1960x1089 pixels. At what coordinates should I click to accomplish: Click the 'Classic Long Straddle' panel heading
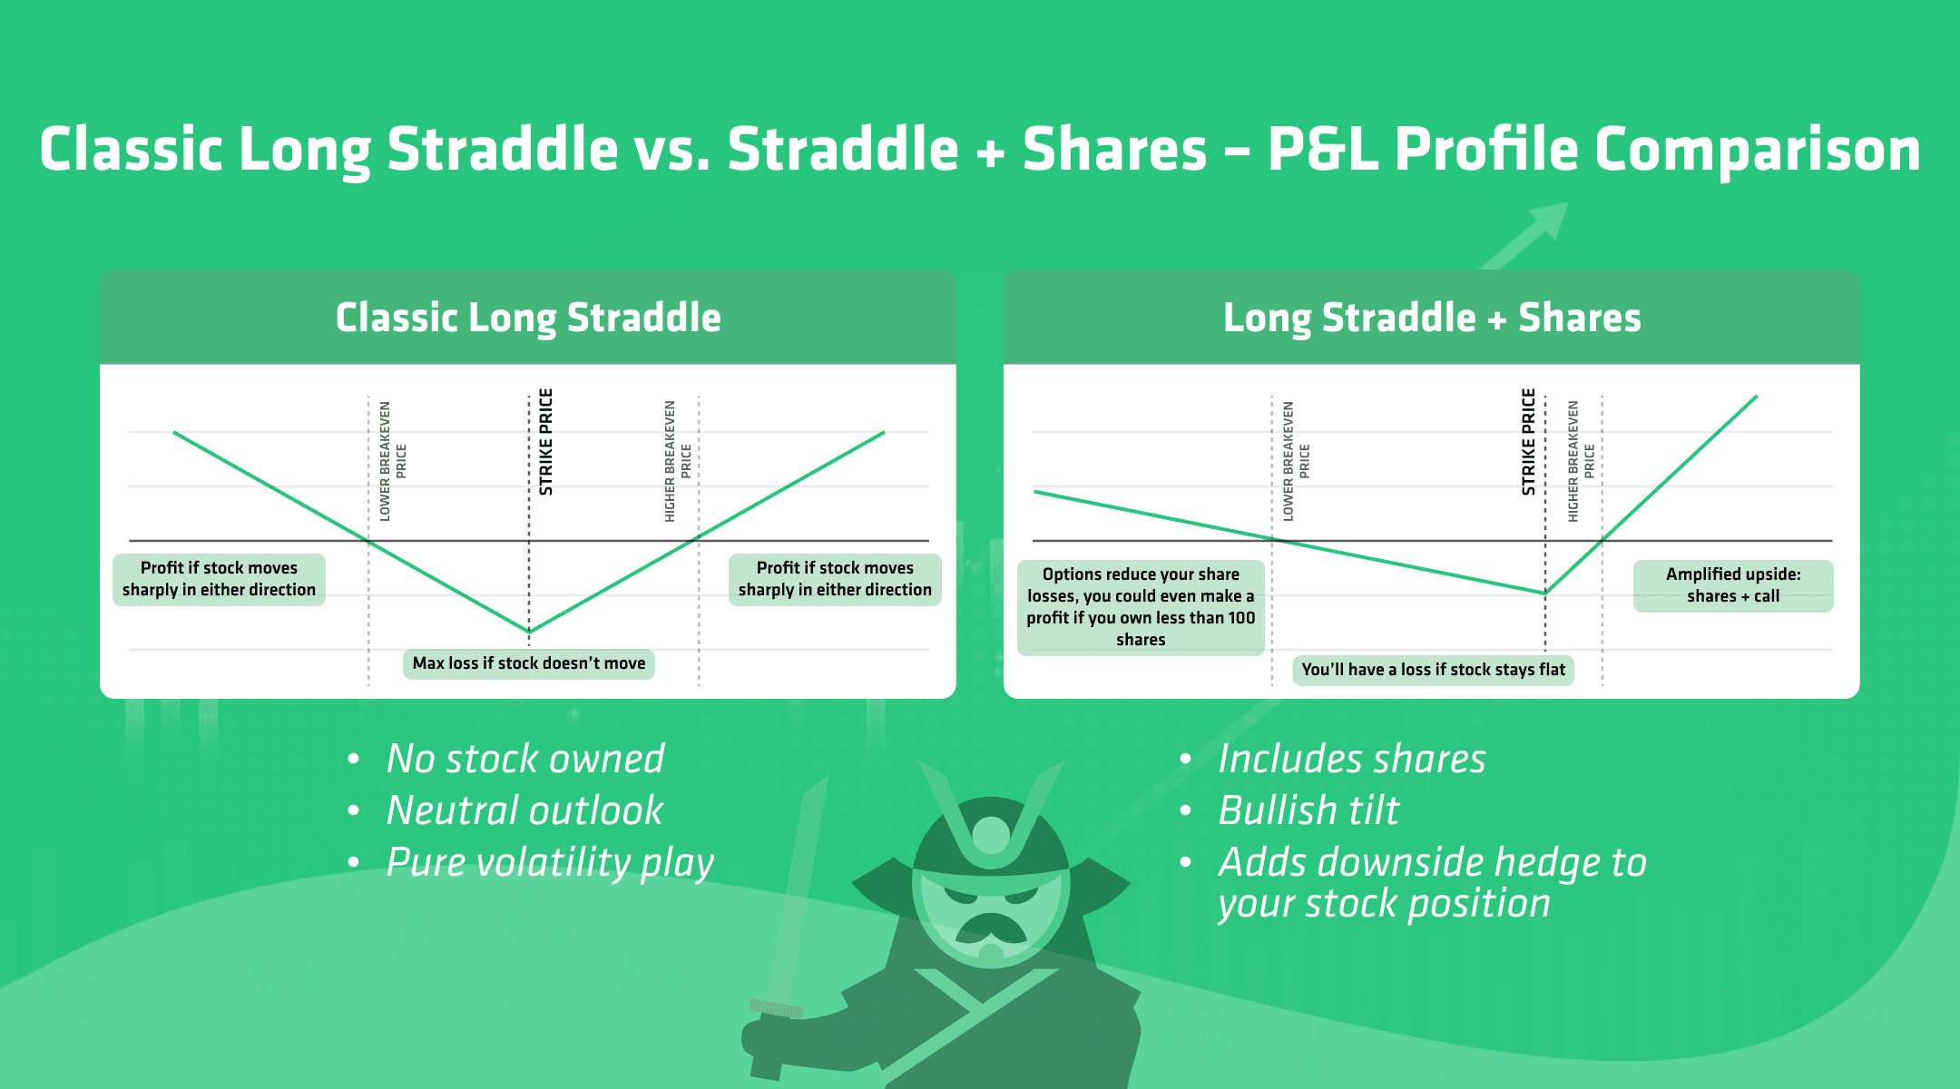click(528, 319)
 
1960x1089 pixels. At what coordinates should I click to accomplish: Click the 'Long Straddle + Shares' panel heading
click(1432, 319)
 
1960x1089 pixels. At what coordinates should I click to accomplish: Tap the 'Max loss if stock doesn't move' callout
click(528, 663)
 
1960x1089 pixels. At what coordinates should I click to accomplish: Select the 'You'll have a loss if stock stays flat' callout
click(1433, 670)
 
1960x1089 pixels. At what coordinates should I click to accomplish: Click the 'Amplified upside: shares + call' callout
click(1732, 585)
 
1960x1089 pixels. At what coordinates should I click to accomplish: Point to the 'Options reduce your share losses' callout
click(1141, 606)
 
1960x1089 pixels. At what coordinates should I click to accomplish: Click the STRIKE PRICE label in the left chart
click(545, 442)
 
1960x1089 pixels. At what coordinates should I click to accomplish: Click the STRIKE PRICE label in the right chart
click(1528, 442)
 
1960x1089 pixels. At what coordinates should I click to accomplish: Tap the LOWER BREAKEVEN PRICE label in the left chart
click(392, 461)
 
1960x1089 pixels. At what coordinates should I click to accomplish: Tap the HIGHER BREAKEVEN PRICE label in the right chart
click(1581, 461)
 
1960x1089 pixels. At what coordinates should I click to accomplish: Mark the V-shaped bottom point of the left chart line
click(530, 630)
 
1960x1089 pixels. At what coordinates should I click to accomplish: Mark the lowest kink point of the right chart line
click(1545, 593)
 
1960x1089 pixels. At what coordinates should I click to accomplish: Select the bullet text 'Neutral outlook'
click(524, 810)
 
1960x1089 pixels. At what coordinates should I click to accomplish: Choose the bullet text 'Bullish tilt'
click(1308, 810)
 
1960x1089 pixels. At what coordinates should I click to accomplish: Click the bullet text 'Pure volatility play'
click(550, 862)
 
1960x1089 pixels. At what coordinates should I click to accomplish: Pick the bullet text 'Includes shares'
click(1351, 759)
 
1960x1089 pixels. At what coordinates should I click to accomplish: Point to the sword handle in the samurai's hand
click(777, 1008)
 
